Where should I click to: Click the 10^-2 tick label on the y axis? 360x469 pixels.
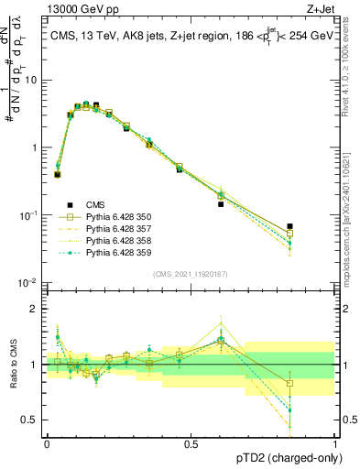point(29,283)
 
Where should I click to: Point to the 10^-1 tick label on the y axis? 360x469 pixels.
point(29,215)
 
